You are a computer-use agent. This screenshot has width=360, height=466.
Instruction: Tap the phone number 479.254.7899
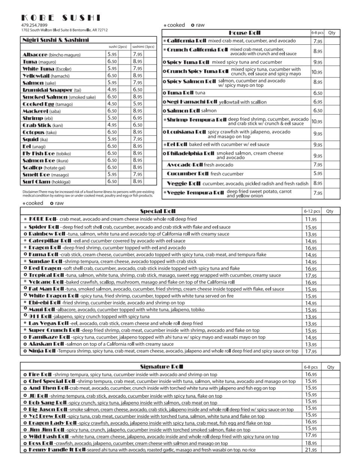click(x=34, y=25)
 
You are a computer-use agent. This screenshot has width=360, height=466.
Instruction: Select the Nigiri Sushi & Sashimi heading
click(x=55, y=40)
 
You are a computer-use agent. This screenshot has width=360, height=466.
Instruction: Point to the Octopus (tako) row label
click(x=39, y=132)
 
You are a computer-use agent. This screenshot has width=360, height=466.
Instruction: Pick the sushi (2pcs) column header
click(x=117, y=47)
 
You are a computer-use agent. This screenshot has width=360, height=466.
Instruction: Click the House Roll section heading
click(x=244, y=33)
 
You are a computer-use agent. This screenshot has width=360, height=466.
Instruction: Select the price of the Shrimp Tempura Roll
click(x=317, y=122)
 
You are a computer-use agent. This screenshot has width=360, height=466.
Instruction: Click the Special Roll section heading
click(x=157, y=211)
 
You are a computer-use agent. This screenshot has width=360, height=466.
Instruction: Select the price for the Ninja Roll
click(x=311, y=352)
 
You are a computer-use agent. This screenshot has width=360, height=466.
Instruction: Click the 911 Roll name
click(x=41, y=316)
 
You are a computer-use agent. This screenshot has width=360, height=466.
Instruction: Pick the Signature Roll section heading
click(x=161, y=367)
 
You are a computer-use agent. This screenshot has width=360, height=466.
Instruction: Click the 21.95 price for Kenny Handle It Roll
click(x=311, y=450)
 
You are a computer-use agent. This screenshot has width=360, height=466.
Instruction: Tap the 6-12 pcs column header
click(x=312, y=211)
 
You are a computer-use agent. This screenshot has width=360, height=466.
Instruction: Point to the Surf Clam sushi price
click(x=112, y=182)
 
